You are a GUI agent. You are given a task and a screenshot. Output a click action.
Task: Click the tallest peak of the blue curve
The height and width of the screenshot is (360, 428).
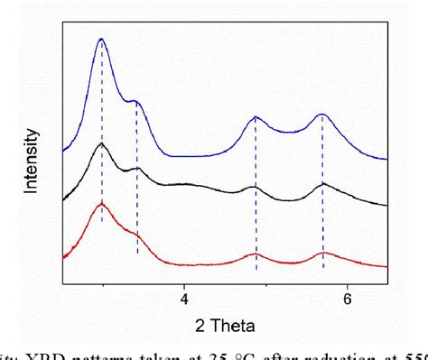pyautogui.click(x=101, y=40)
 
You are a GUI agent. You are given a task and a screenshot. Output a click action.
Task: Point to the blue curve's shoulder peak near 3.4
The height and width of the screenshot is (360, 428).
pyautogui.click(x=135, y=100)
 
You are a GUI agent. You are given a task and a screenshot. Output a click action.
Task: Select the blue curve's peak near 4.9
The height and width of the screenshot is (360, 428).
pyautogui.click(x=256, y=117)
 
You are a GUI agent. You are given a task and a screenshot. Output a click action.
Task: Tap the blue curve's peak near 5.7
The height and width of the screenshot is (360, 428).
pyautogui.click(x=322, y=115)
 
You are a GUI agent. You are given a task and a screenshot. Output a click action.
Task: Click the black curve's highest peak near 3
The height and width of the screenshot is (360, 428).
pyautogui.click(x=102, y=144)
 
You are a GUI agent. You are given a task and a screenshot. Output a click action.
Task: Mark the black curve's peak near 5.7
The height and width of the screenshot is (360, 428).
pyautogui.click(x=323, y=184)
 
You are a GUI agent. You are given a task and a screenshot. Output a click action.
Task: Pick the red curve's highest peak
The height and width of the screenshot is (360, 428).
pyautogui.click(x=102, y=205)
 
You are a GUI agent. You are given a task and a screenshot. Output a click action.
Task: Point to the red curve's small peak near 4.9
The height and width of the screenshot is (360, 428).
pyautogui.click(x=256, y=255)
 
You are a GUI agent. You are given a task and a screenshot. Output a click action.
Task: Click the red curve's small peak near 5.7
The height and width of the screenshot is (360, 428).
pyautogui.click(x=323, y=253)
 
